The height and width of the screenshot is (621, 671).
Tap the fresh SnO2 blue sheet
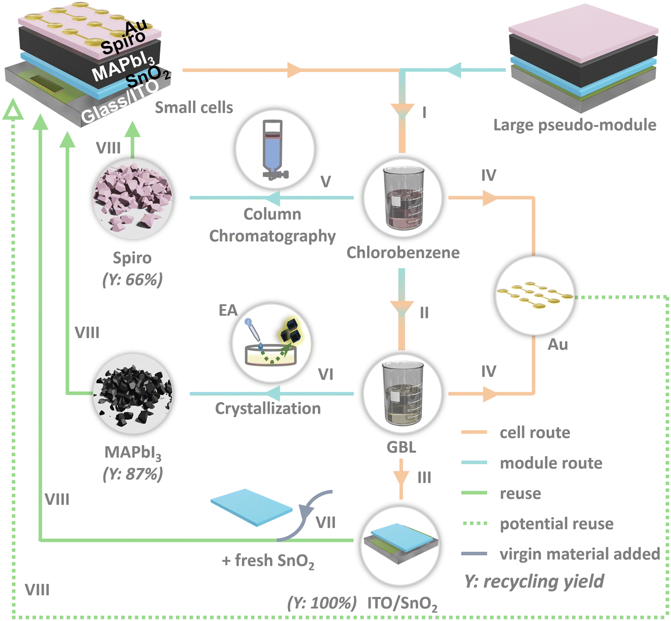pos(252,507)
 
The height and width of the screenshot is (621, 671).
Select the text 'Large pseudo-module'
pos(574,125)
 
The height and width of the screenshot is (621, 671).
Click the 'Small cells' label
pos(194,107)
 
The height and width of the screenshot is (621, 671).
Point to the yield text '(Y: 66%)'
pos(133,279)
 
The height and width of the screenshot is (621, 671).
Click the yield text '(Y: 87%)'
pos(133,473)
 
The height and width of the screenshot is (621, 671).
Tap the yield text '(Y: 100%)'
pos(322,602)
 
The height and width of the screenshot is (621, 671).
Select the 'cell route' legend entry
pos(535,433)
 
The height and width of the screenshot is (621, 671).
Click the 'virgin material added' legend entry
pos(580,554)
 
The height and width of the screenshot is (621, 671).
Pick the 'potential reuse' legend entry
pos(556,524)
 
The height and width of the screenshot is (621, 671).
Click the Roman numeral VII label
pos(326,522)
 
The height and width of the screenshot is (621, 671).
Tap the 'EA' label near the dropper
pos(228,310)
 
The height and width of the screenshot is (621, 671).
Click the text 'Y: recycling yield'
pos(534,581)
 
